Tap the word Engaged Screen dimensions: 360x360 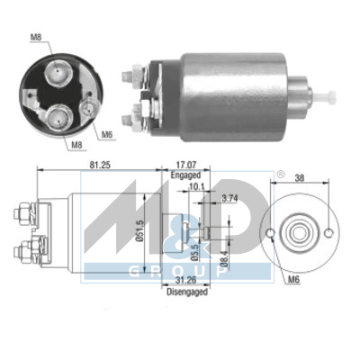185,175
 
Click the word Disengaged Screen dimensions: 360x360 187,292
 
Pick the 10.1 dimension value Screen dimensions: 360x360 196,187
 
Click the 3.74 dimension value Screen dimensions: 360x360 229,198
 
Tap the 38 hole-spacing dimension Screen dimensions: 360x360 300,178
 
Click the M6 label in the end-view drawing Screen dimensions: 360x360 294,280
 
